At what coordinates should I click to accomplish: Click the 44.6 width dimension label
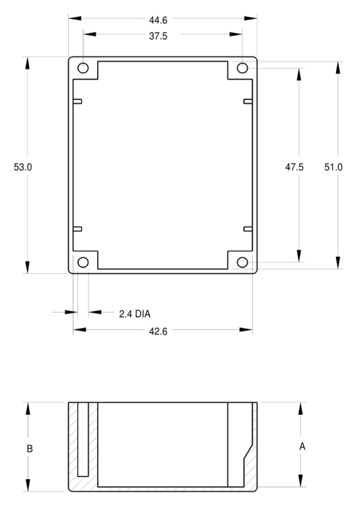(158, 20)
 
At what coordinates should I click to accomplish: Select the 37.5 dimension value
(158, 36)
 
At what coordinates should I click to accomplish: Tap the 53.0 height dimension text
(23, 167)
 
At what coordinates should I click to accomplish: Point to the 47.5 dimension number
(294, 167)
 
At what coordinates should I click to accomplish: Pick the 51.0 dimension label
(334, 167)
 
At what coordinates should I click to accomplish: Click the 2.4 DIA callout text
(134, 314)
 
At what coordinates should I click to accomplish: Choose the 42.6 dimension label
(158, 332)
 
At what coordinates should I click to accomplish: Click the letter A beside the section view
(302, 447)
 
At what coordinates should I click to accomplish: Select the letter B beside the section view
(29, 448)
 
